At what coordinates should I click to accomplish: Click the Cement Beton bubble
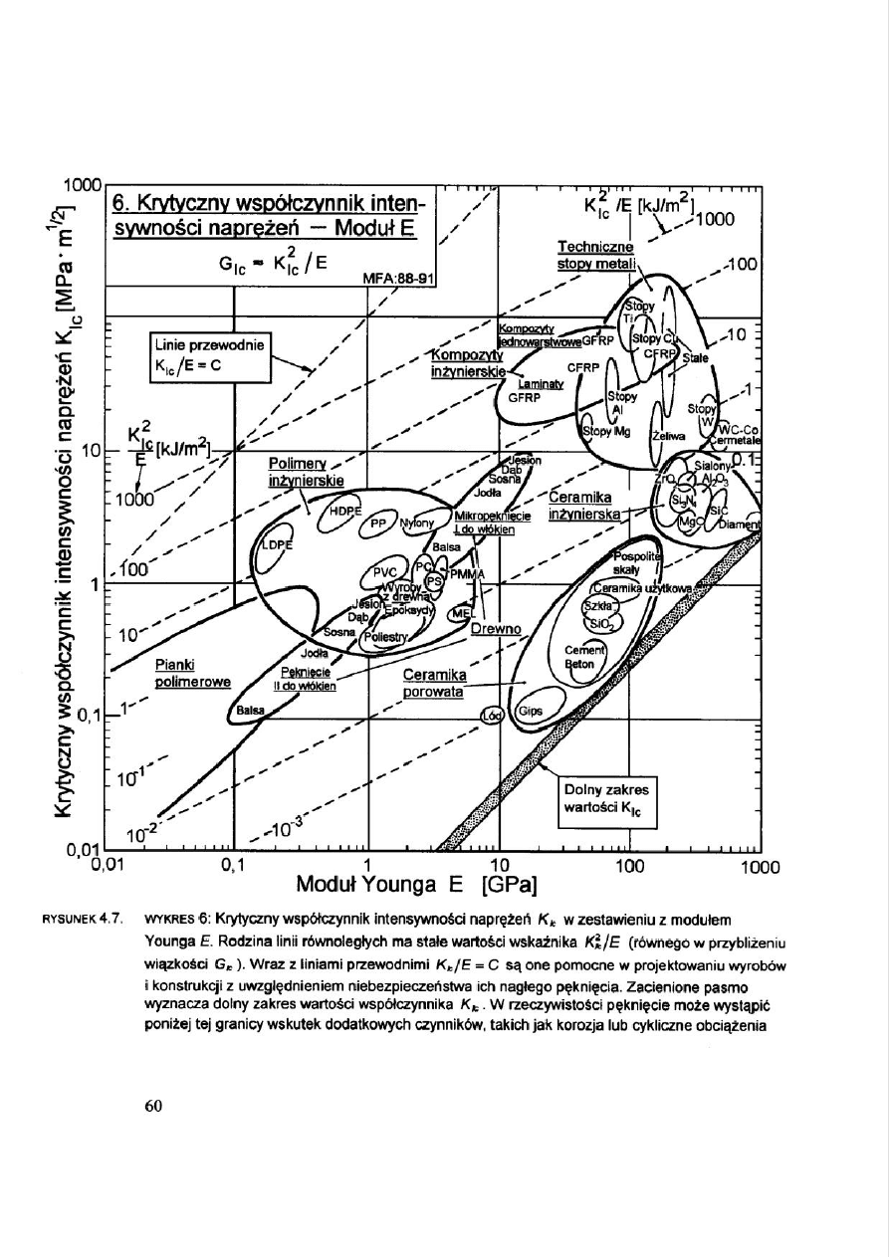tap(578, 657)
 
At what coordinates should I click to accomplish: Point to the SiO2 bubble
tap(601, 624)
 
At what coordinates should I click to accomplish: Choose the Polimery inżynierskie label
tap(306, 472)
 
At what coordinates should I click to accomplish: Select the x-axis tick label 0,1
tap(232, 864)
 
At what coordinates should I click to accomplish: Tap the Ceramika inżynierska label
tap(583, 506)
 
